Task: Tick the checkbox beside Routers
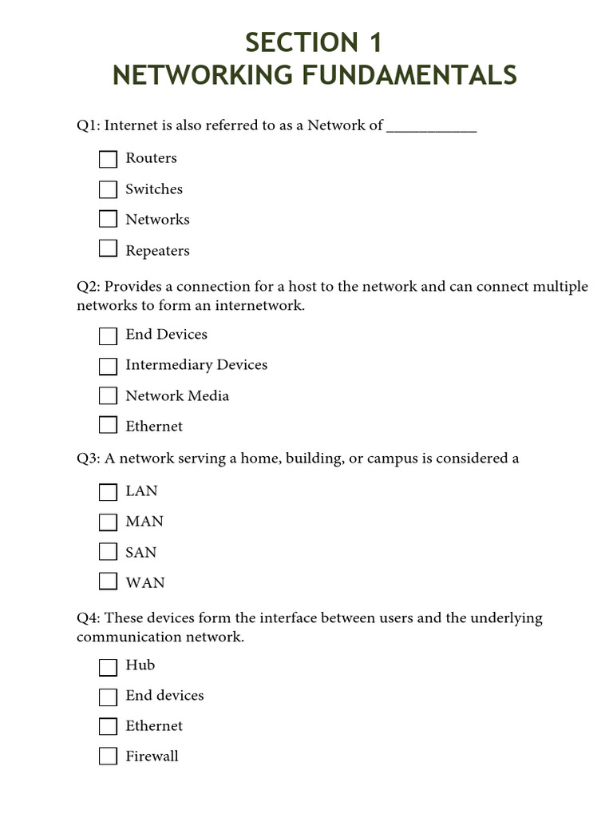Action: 108,160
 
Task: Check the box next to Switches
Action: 108,190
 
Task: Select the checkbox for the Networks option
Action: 108,220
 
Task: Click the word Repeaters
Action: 157,251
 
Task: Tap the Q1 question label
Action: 88,125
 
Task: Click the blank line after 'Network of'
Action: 431,128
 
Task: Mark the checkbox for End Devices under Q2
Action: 108,336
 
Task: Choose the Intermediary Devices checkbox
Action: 108,366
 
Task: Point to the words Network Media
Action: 177,396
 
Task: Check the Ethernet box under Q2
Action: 108,426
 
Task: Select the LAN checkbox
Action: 108,492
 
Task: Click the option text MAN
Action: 144,522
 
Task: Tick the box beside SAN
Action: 108,552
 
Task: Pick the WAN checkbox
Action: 108,582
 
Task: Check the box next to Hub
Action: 108,666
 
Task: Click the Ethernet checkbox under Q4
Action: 108,726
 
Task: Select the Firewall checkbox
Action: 108,756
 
